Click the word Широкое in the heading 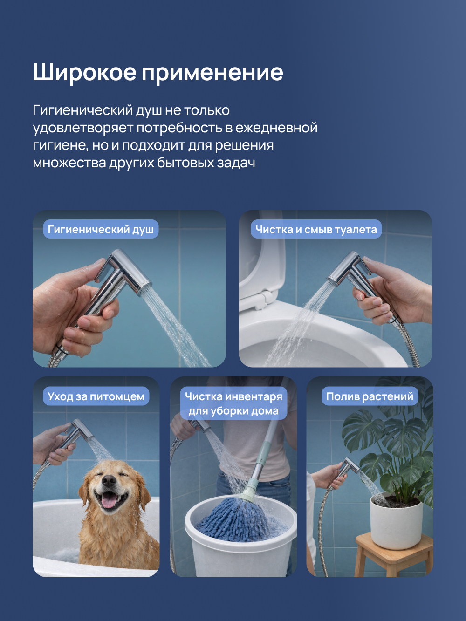[x=85, y=73]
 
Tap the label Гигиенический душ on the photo [x=101, y=229]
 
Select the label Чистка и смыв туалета [x=316, y=229]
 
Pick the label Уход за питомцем [x=96, y=396]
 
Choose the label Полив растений [x=370, y=396]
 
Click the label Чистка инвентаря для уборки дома [x=234, y=403]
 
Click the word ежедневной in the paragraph [x=276, y=128]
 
